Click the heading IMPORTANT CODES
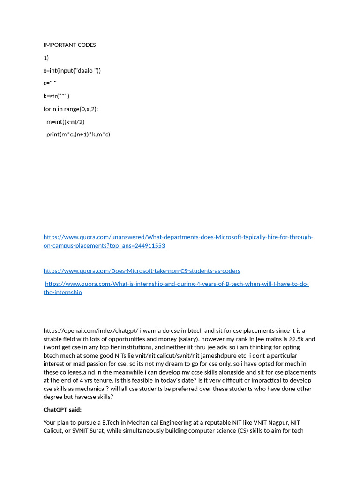[69, 45]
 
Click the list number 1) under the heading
[46, 58]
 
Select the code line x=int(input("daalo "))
[72, 70]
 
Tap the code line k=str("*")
[56, 96]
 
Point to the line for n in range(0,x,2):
[71, 109]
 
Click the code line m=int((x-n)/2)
[65, 121]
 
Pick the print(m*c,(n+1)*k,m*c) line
[78, 134]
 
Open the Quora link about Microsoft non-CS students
[142, 271]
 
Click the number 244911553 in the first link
[149, 246]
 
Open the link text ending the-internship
[63, 292]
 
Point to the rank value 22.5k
[292, 339]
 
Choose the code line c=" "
[50, 83]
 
